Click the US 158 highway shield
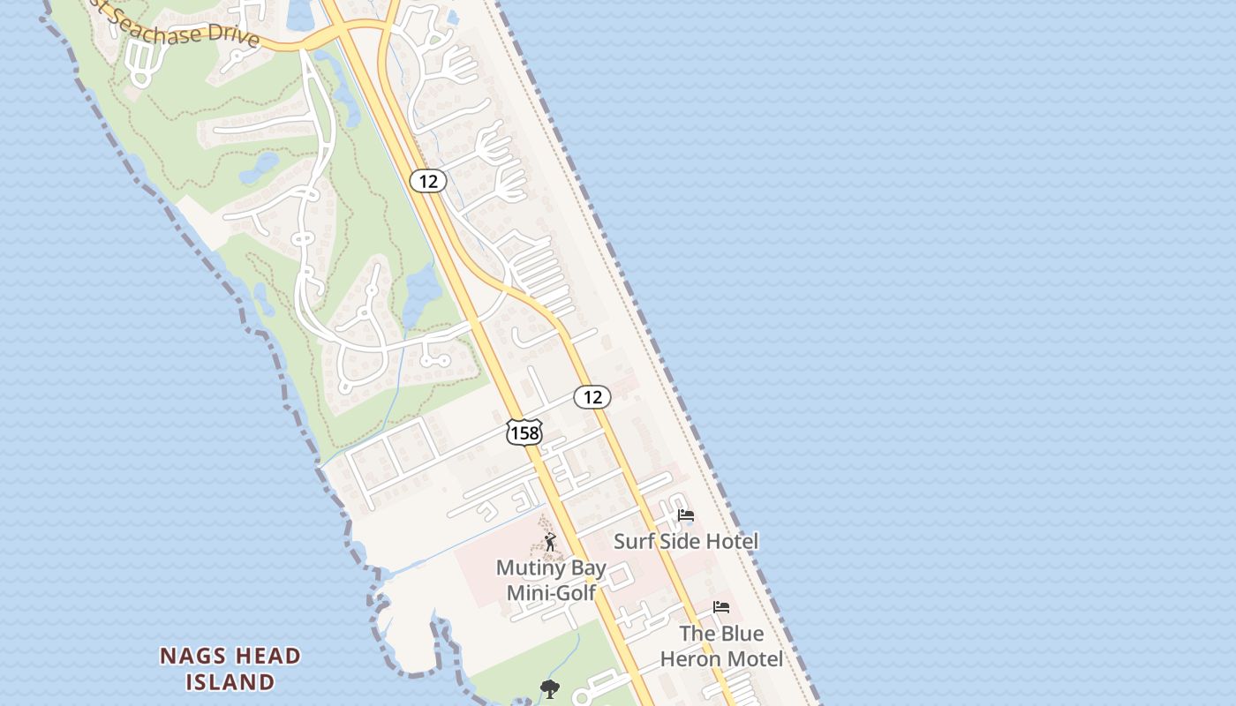[524, 432]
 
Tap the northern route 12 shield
[428, 181]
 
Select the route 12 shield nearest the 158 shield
[592, 397]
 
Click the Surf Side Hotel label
[686, 541]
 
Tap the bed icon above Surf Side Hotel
[686, 516]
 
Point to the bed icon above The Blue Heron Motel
[721, 607]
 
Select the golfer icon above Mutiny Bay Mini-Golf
[550, 541]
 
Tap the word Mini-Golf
[552, 592]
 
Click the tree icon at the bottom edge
[550, 689]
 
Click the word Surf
[632, 541]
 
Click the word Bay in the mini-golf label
[586, 567]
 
